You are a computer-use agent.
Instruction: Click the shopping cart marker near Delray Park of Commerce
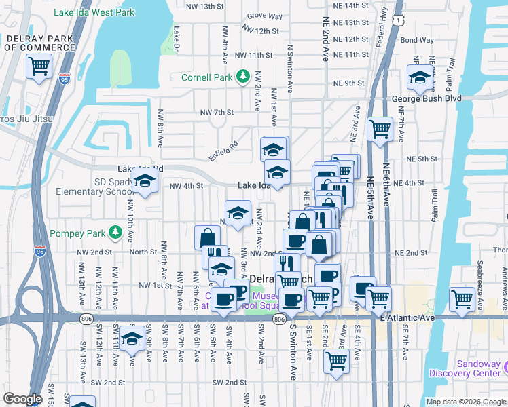39,66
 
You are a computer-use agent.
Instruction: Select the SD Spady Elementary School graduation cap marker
145,180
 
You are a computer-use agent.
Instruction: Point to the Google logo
22,399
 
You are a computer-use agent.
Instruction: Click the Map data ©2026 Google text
466,402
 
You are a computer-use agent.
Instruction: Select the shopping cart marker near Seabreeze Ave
462,298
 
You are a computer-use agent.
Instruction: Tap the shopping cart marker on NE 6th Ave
380,129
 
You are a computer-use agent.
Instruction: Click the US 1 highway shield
395,21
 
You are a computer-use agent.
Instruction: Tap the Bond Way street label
416,40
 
